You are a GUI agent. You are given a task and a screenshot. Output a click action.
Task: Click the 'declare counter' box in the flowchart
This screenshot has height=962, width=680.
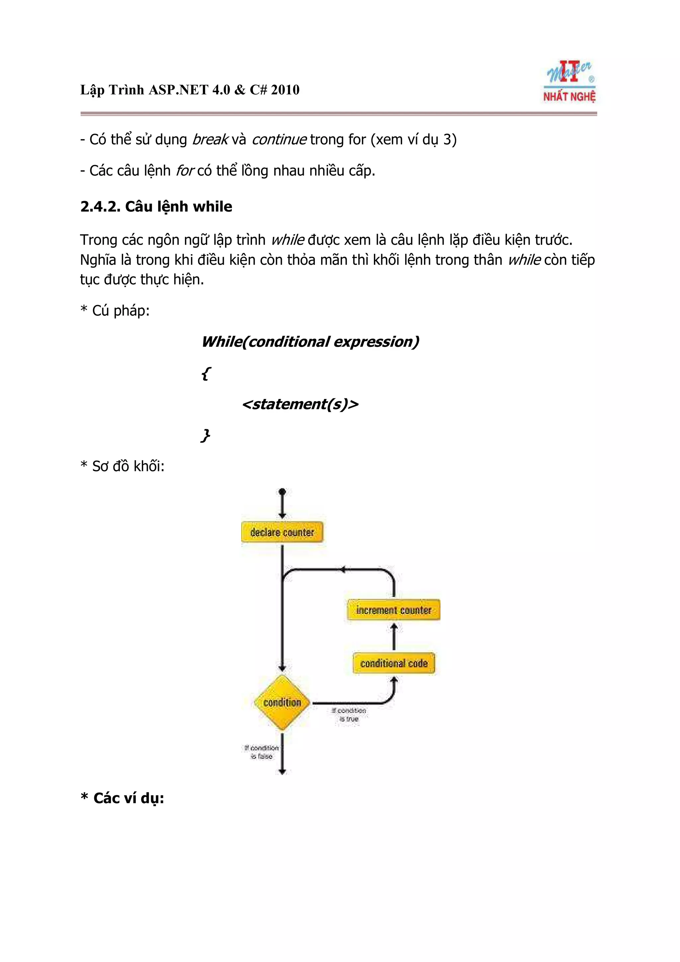click(282, 532)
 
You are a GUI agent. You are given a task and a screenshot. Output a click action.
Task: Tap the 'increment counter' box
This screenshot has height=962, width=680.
click(393, 610)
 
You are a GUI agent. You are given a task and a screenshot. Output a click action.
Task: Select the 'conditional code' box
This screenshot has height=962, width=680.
click(394, 663)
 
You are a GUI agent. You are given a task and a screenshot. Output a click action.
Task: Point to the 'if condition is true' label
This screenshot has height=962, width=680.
click(349, 714)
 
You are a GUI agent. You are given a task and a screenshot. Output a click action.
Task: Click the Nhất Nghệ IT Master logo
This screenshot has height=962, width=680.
click(569, 82)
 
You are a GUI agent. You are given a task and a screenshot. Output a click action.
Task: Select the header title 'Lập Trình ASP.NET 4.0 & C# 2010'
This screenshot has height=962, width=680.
click(190, 90)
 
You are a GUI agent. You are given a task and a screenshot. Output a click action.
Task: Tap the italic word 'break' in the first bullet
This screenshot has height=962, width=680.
click(210, 139)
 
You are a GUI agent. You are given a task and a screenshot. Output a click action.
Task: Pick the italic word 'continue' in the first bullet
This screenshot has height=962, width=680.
click(279, 139)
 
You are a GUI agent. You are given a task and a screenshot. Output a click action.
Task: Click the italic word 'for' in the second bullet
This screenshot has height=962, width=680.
click(184, 171)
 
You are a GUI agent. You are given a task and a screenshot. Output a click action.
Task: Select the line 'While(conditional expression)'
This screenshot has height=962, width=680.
click(310, 342)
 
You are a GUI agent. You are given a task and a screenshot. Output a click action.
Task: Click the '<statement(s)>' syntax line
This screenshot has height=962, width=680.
click(300, 404)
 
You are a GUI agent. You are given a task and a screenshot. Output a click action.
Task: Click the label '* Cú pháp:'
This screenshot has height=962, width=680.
click(115, 310)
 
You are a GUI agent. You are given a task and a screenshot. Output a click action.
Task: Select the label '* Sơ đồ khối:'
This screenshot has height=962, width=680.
click(122, 466)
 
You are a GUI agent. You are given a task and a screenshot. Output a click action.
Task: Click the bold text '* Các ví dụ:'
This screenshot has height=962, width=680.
click(122, 798)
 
